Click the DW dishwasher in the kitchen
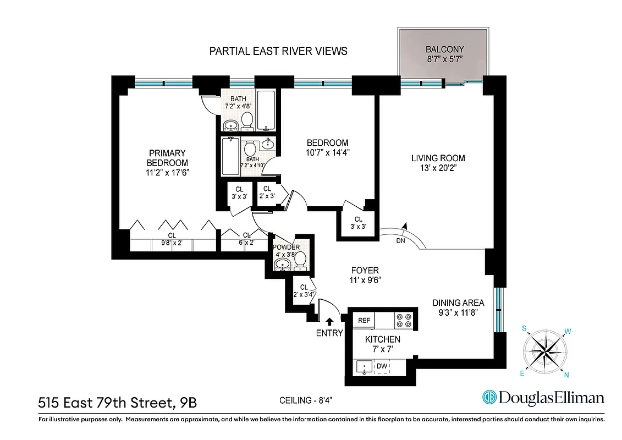pos(382,366)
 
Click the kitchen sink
pos(363,367)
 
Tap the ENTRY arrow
pos(329,322)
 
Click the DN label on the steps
pos(400,240)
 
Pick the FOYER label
pos(365,270)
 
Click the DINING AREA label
pos(458,303)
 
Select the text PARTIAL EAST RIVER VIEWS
pos(278,51)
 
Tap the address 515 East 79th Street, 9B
pos(117,403)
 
